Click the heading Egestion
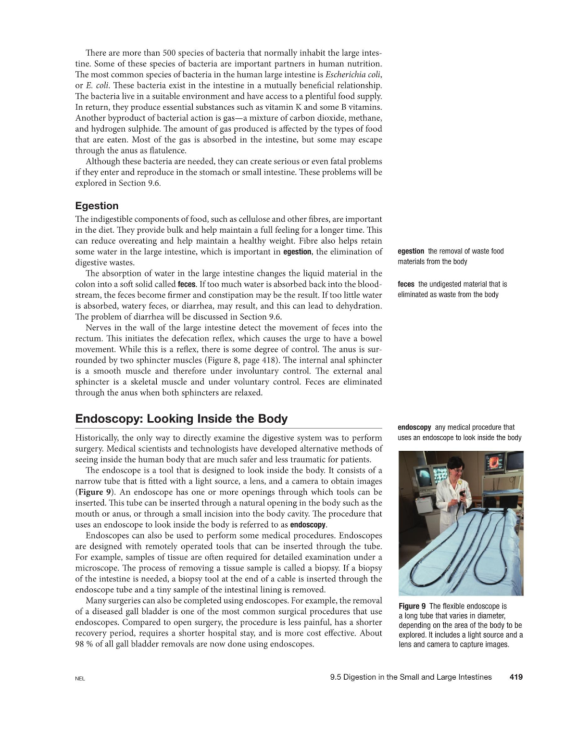(x=97, y=206)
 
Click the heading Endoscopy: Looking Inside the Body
(x=181, y=418)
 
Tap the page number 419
(x=515, y=677)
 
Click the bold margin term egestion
(x=411, y=251)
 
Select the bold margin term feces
(x=406, y=284)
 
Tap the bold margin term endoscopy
(x=414, y=427)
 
